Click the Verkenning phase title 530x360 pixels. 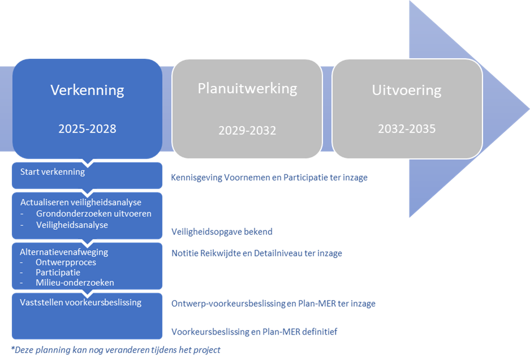click(x=87, y=90)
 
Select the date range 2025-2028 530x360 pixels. click(x=87, y=128)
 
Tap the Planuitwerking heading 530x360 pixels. click(x=247, y=88)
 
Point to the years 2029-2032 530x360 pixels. click(x=247, y=130)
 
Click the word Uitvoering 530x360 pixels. click(x=407, y=90)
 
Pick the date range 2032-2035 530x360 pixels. click(x=407, y=128)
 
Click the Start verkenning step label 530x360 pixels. click(x=52, y=172)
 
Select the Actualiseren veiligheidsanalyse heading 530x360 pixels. click(x=81, y=202)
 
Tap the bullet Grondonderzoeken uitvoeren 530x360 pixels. click(x=93, y=213)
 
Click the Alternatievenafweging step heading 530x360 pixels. click(x=64, y=252)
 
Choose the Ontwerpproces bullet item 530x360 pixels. click(x=66, y=262)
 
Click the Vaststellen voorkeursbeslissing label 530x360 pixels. click(x=81, y=302)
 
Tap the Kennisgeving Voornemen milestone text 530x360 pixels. click(x=269, y=177)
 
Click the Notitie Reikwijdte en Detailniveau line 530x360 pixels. click(x=256, y=253)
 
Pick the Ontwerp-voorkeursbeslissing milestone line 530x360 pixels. click(x=273, y=303)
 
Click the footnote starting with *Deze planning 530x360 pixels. click(x=115, y=350)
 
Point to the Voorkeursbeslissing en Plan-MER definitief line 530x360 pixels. click(x=254, y=332)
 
